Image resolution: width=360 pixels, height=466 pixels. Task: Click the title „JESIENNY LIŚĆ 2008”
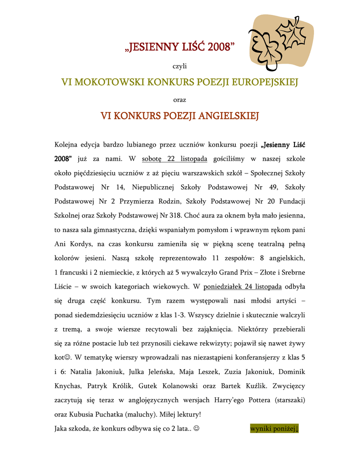pos(180,47)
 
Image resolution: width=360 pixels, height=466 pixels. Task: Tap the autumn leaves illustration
pos(281,42)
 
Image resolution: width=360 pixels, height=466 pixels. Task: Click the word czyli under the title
pos(180,66)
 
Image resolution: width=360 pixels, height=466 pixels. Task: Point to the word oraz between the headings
pos(180,99)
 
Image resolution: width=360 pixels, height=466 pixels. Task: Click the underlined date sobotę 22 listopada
pos(175,159)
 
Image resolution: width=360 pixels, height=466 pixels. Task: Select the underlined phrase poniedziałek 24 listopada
pos(243,286)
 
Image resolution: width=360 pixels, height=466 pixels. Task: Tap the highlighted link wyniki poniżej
pos(274,428)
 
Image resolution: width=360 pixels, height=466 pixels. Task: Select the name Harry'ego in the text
pos(249,400)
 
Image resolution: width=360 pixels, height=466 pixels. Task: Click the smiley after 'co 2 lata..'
pos(196,428)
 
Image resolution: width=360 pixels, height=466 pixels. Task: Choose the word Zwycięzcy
pos(289,386)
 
